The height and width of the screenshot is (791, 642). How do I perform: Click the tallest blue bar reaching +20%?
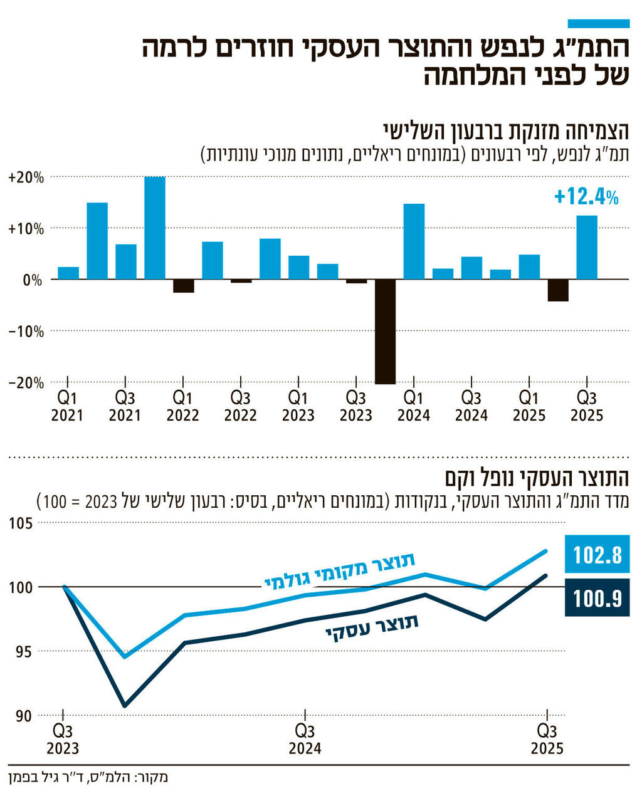(155, 228)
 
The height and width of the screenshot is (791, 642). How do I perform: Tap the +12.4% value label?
(586, 197)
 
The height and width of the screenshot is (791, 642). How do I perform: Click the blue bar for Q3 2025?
(587, 247)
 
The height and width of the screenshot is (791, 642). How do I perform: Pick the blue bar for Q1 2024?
(414, 241)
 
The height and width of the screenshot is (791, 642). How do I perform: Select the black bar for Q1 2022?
(184, 286)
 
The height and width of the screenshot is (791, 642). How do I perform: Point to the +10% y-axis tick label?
(26, 229)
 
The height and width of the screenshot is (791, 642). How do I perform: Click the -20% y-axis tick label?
(26, 383)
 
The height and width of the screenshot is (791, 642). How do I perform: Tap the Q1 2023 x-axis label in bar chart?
(298, 406)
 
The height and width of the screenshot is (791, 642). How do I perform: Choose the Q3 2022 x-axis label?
(241, 406)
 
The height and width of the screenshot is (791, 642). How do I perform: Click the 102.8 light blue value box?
(597, 555)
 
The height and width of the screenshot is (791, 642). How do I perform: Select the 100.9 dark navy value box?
(597, 598)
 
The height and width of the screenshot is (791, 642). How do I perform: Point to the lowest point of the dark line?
(125, 706)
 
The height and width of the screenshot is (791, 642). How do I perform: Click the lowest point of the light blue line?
(125, 656)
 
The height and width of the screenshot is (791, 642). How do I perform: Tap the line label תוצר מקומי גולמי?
(340, 571)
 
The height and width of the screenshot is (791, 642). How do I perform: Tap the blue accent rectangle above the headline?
(598, 23)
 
